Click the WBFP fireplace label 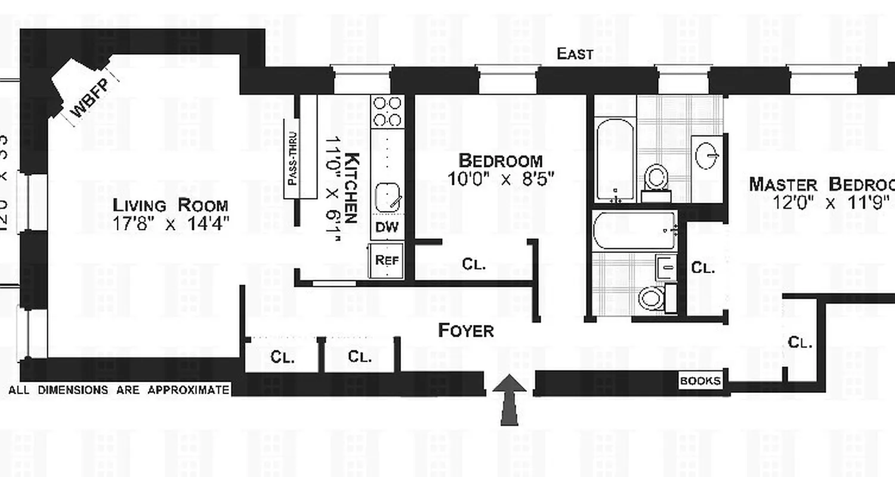pyautogui.click(x=86, y=102)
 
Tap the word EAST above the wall pyautogui.click(x=575, y=54)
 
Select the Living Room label pyautogui.click(x=171, y=206)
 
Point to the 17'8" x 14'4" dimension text pyautogui.click(x=171, y=225)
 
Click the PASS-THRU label pyautogui.click(x=293, y=157)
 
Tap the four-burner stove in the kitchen pyautogui.click(x=387, y=111)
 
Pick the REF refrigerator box pyautogui.click(x=387, y=260)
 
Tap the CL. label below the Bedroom pyautogui.click(x=474, y=264)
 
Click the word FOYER pyautogui.click(x=466, y=331)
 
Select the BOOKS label pyautogui.click(x=700, y=381)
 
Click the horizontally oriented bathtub pyautogui.click(x=635, y=230)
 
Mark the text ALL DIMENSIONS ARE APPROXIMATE pyautogui.click(x=119, y=391)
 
